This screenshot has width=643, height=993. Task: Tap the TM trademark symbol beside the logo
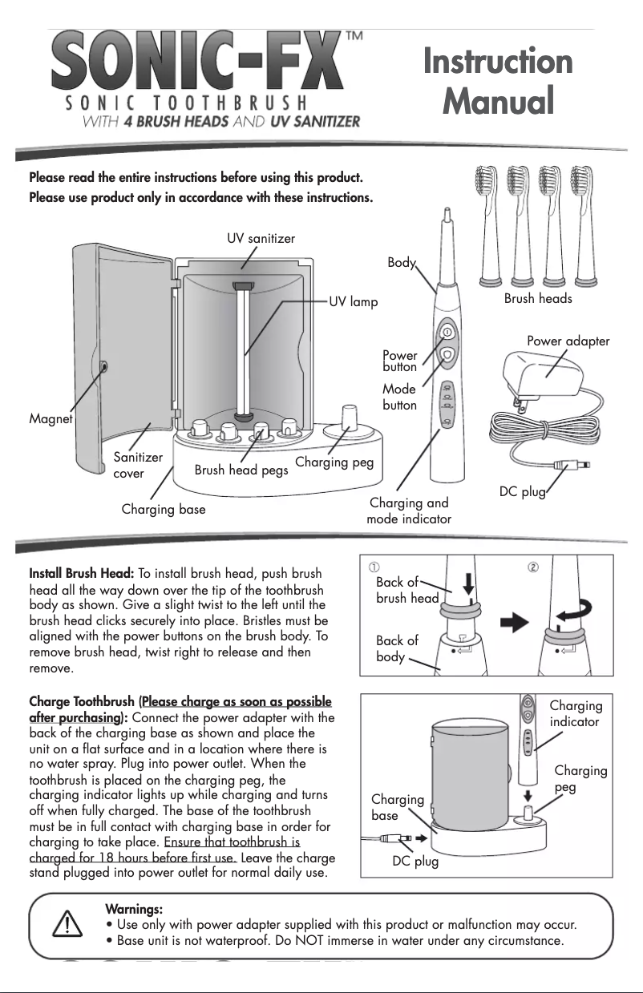click(x=354, y=37)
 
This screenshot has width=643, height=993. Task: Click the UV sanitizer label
click(x=261, y=238)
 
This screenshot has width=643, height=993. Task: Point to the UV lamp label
click(x=353, y=303)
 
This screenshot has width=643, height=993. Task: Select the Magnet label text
click(x=51, y=419)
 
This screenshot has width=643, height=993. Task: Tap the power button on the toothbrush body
click(x=448, y=332)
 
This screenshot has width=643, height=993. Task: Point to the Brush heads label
click(x=538, y=298)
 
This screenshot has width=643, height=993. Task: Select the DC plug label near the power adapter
click(x=522, y=490)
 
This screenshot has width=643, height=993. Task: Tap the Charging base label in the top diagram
click(x=164, y=509)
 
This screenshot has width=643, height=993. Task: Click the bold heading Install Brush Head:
click(x=81, y=574)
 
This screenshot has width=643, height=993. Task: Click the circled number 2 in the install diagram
click(x=533, y=567)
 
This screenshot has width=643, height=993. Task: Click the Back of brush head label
click(x=407, y=590)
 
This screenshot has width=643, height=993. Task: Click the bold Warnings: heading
click(x=134, y=909)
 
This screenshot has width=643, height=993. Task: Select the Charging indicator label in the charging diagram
click(x=575, y=713)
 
